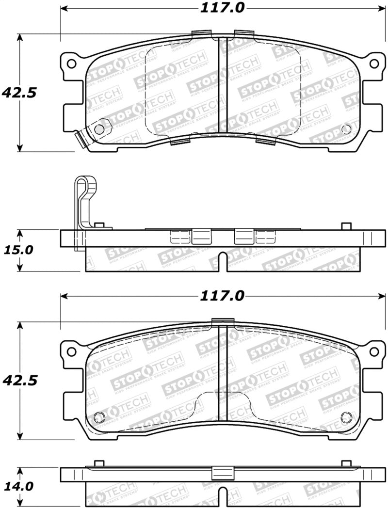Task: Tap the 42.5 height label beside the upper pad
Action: pos(19,92)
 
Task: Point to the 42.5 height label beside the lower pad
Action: pos(19,380)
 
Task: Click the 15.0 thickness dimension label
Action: pos(19,250)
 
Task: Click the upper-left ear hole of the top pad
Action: pos(71,64)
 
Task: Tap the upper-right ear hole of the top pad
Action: pos(374,64)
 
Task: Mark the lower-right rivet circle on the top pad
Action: pos(346,129)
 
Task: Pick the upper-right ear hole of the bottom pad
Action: pos(374,351)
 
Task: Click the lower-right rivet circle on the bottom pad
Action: pos(346,417)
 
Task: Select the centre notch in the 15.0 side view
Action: pos(223,262)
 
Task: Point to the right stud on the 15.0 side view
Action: pos(346,226)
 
